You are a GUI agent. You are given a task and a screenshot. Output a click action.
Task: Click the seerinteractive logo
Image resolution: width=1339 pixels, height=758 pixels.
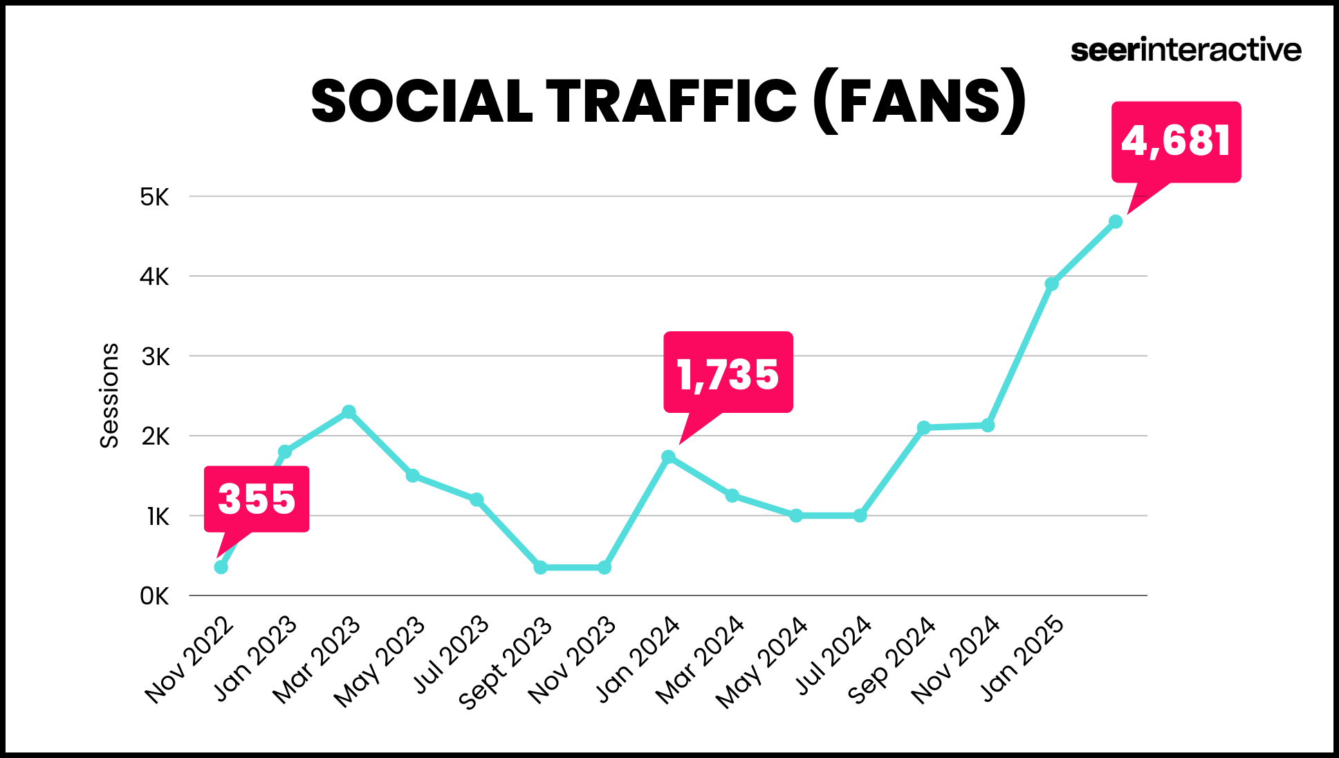tap(1185, 50)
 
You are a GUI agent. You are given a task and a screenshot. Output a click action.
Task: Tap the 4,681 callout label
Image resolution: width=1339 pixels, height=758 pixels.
tap(1176, 141)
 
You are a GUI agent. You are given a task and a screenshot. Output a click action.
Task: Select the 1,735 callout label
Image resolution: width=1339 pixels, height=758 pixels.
tap(728, 373)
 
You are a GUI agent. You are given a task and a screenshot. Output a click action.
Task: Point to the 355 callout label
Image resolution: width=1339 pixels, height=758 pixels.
tap(257, 499)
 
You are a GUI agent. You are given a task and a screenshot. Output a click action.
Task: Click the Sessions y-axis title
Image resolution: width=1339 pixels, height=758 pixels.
tap(109, 396)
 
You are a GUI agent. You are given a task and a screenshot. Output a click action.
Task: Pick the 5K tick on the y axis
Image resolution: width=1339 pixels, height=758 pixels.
tap(154, 197)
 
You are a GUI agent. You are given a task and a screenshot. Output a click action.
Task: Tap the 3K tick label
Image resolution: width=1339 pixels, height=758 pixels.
tap(155, 357)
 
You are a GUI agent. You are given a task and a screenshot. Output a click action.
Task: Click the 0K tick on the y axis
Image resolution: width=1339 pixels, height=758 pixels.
tap(154, 596)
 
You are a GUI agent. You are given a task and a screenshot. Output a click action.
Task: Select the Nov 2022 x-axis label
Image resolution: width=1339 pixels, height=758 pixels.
tap(189, 660)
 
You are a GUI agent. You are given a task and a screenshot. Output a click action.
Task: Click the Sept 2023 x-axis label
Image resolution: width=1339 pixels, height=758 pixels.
tap(505, 663)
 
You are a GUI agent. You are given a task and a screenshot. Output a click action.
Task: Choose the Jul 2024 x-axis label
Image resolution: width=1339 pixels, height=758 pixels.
tap(833, 655)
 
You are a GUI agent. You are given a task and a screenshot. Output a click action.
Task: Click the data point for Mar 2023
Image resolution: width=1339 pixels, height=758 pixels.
tap(349, 412)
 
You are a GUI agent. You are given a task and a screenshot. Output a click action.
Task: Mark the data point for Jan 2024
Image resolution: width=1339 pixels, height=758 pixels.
tap(668, 457)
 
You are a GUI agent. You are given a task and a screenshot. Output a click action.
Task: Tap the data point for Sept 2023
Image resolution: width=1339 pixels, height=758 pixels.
tap(540, 568)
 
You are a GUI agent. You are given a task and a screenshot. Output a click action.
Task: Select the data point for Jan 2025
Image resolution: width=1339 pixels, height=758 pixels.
tap(1051, 284)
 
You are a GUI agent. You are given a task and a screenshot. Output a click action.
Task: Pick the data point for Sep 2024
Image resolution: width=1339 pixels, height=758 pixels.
tap(923, 427)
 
